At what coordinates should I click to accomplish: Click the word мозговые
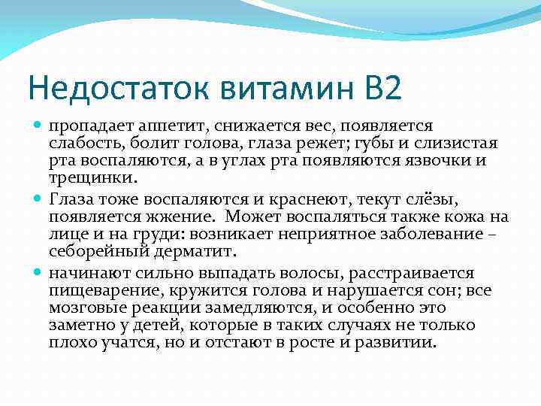86,308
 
